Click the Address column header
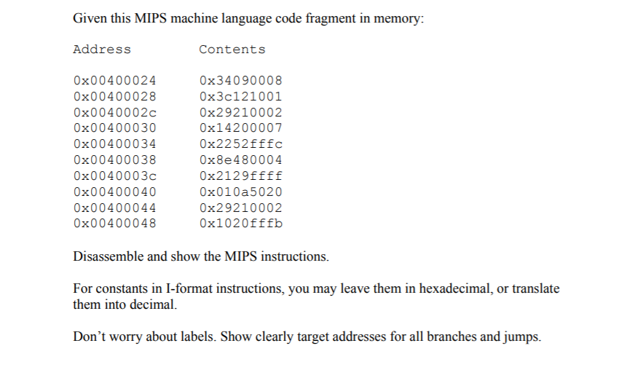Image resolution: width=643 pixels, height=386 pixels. point(102,50)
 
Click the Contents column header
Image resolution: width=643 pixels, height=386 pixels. point(232,50)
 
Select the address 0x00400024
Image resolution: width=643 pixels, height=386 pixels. point(115,80)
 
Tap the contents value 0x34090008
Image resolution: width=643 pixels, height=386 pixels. point(240,80)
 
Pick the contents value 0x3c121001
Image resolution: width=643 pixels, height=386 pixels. point(240,96)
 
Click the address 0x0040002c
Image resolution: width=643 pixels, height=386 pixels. point(115,112)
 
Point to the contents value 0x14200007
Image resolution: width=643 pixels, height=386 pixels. point(240,128)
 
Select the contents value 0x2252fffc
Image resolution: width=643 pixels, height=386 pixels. point(240,144)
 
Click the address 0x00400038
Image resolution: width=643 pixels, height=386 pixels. point(115,159)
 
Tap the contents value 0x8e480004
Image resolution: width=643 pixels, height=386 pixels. point(240,159)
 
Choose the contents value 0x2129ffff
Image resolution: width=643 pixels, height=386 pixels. point(240,176)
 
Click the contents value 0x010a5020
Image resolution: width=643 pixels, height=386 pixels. point(240,192)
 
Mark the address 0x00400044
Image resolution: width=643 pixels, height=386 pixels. point(115,208)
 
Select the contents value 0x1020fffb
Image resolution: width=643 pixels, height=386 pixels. point(240,223)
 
